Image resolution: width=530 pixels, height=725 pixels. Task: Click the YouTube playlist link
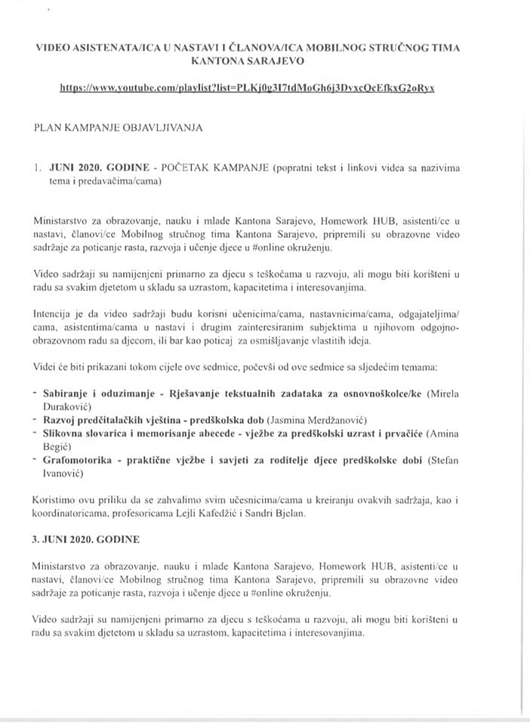247,88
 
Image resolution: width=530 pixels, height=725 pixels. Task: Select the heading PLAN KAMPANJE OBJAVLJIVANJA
118,128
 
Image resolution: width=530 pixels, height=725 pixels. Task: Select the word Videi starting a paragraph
46,366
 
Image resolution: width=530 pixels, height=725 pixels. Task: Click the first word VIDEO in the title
55,47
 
